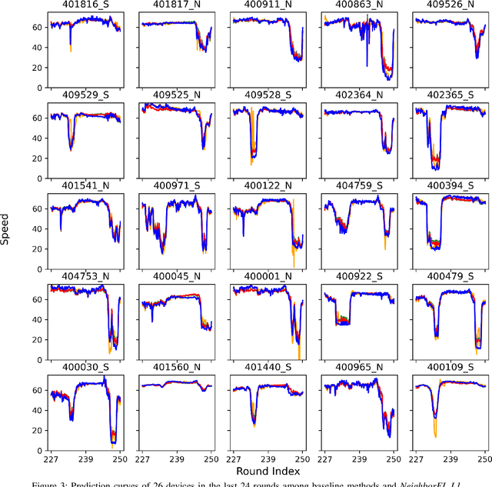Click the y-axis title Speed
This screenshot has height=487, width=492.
(x=6, y=228)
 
